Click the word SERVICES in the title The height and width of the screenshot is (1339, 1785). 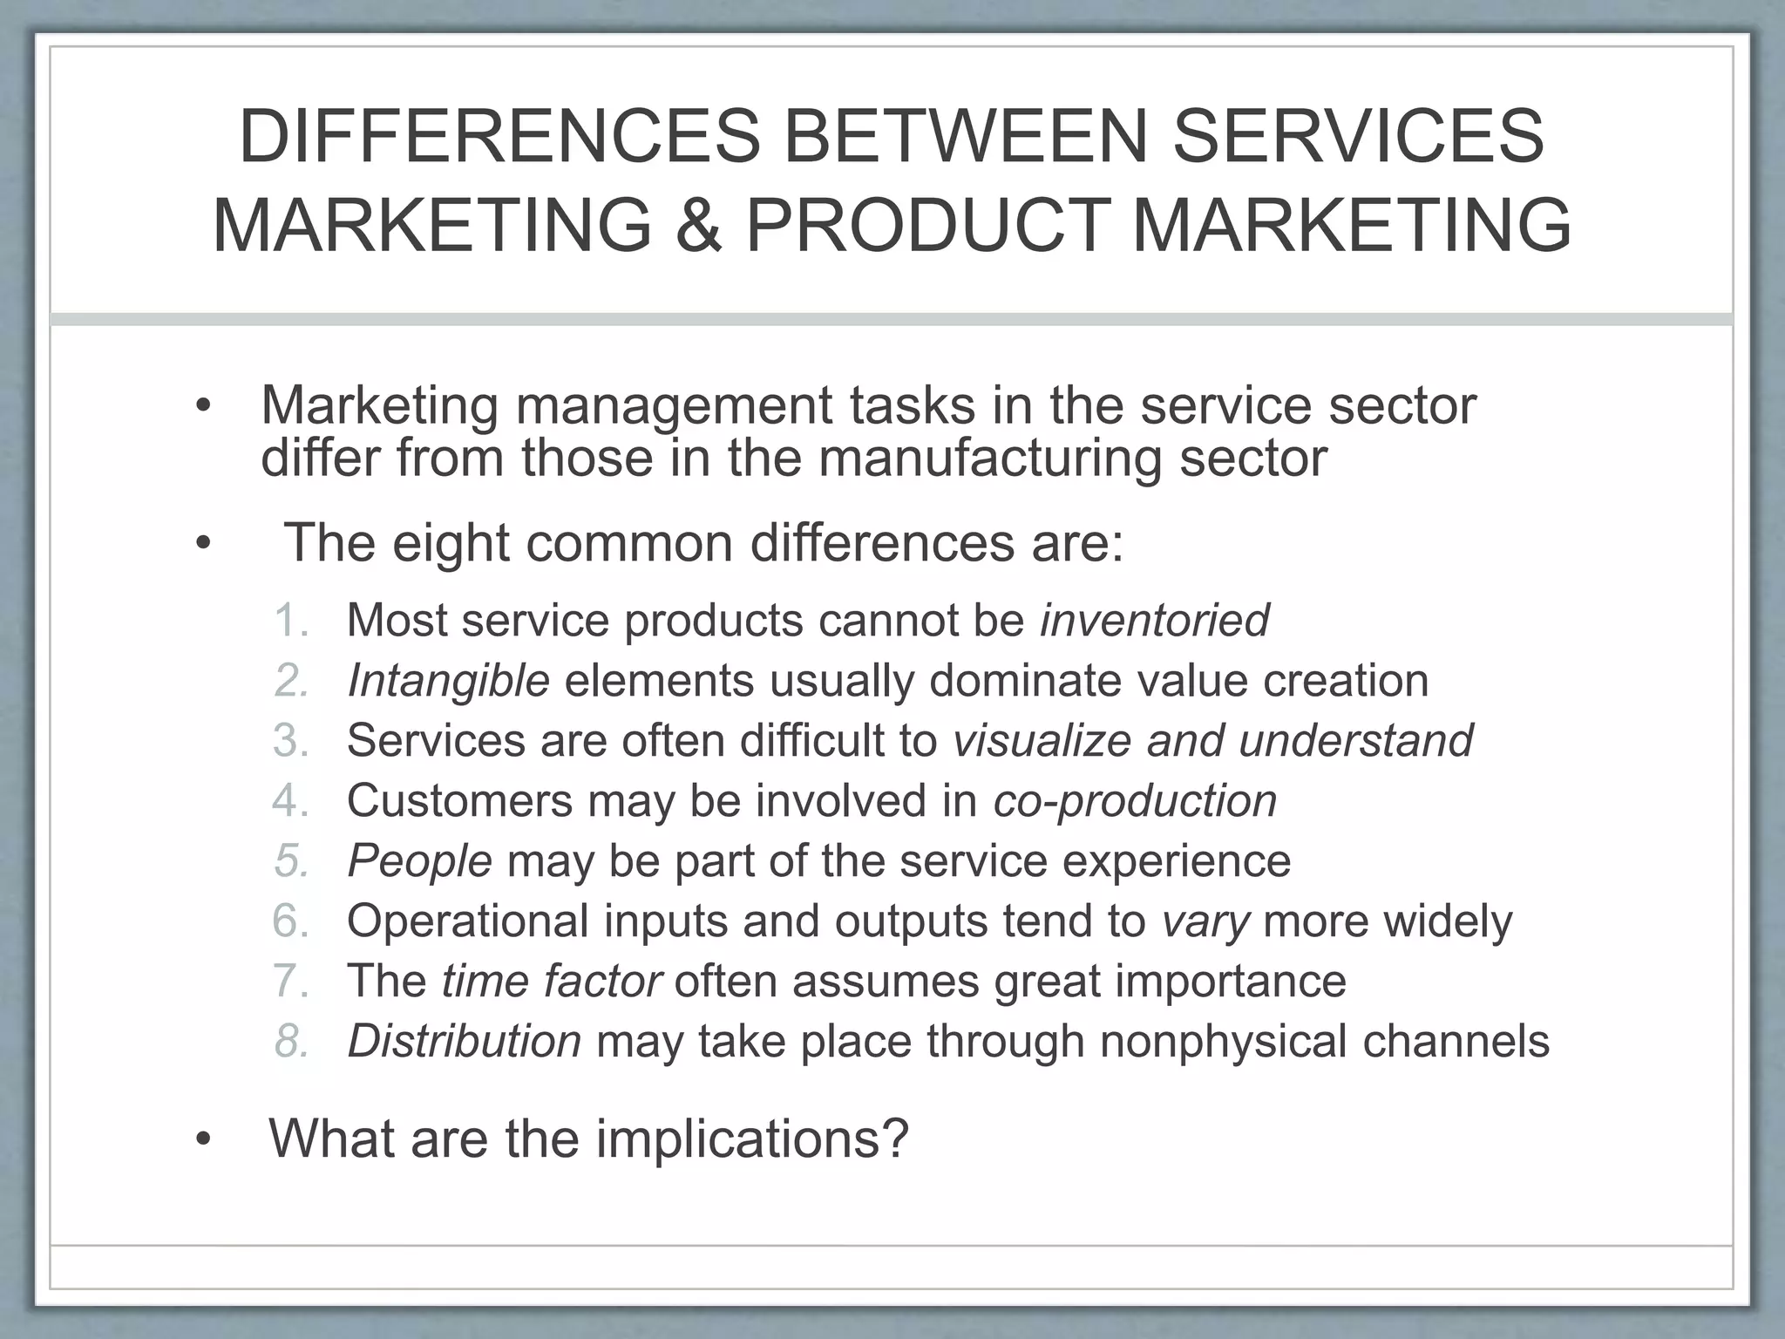[x=1359, y=136]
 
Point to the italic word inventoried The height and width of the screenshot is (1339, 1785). [x=1155, y=621]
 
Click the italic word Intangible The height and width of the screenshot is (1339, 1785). [x=448, y=681]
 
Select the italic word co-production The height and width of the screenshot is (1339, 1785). [x=1135, y=800]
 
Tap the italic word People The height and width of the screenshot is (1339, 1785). [x=420, y=861]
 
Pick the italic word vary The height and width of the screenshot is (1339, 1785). [x=1205, y=921]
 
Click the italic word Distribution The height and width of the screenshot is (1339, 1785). [x=465, y=1041]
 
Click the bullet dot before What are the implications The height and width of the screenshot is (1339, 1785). [x=204, y=1140]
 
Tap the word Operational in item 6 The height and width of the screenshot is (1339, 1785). [x=468, y=921]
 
